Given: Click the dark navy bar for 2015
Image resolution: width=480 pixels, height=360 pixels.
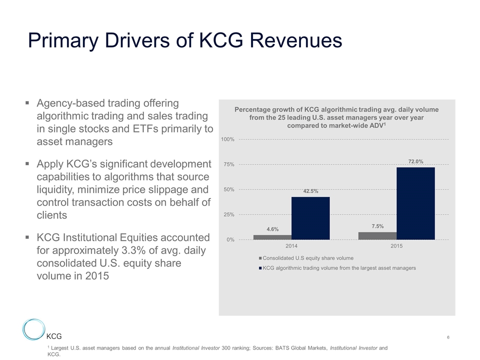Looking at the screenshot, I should click(x=415, y=203).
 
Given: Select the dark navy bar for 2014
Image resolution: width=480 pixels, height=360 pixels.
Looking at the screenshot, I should click(x=310, y=218).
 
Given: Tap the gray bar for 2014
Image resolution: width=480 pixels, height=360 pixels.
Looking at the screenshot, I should click(x=272, y=237).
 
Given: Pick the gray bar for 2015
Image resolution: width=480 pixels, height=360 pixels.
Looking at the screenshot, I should click(x=377, y=235).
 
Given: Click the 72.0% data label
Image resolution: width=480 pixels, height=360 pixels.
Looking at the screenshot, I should click(x=415, y=161).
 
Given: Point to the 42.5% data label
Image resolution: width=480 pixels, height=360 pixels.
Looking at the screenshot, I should click(x=310, y=191).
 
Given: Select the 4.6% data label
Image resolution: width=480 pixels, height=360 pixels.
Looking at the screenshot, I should click(x=272, y=229).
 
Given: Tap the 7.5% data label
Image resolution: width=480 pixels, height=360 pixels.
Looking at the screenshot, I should click(x=377, y=226).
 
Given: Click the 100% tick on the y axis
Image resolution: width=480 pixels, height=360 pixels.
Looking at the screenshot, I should click(x=228, y=139).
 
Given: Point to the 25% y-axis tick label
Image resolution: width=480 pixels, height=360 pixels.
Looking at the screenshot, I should click(x=229, y=214).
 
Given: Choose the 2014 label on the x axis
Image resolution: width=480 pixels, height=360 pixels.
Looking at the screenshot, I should click(x=291, y=246).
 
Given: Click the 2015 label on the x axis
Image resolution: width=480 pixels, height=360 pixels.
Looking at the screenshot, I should click(x=396, y=246).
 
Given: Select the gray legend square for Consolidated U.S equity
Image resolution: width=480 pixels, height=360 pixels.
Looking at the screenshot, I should click(x=260, y=258).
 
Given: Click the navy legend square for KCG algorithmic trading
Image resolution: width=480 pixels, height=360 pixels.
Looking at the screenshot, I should click(x=260, y=268).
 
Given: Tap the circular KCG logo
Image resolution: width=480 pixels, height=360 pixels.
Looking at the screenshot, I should click(x=34, y=330).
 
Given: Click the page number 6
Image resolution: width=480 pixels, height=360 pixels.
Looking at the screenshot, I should click(x=448, y=338).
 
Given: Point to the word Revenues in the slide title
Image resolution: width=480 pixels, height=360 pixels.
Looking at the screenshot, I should click(x=292, y=40).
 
